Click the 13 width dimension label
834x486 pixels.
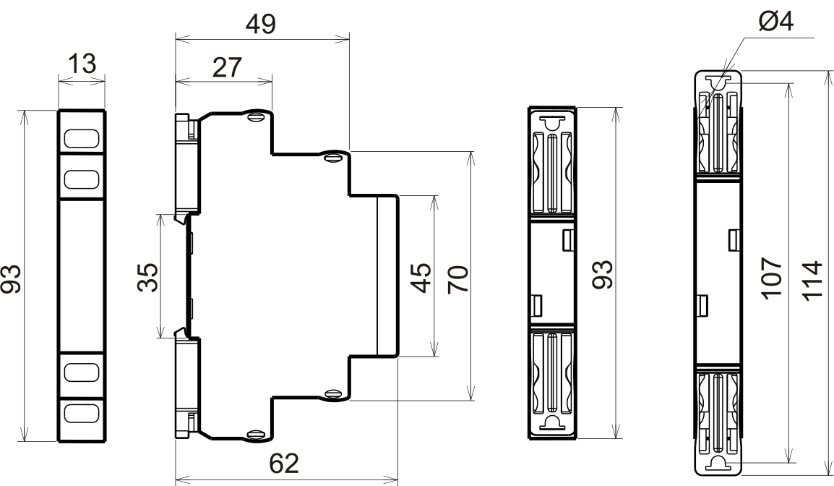[82, 64]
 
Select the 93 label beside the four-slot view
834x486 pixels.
[12, 278]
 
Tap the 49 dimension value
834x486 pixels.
[261, 25]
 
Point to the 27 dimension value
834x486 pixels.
[227, 67]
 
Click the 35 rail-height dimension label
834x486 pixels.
[148, 277]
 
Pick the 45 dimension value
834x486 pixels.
[422, 277]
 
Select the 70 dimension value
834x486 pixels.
[458, 279]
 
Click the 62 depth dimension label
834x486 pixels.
[284, 464]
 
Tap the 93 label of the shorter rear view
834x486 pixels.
[603, 275]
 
